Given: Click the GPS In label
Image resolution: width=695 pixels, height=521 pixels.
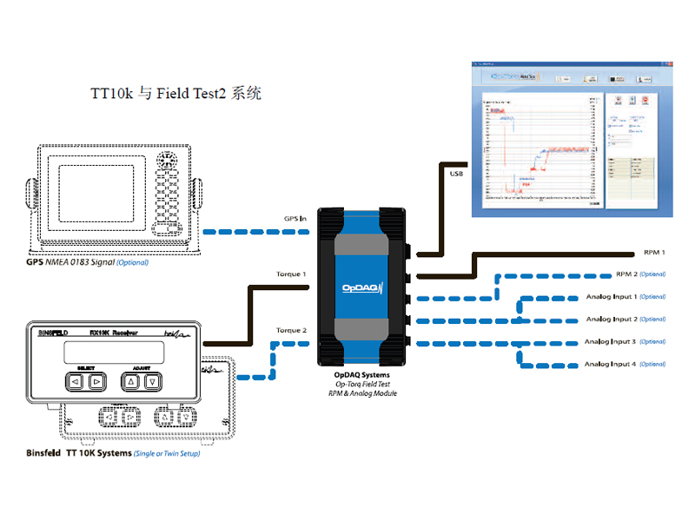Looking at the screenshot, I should click(x=296, y=219).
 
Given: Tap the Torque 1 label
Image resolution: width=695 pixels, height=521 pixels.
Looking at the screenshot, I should click(x=291, y=274).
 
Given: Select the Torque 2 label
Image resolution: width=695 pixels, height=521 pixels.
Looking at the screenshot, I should click(x=291, y=331).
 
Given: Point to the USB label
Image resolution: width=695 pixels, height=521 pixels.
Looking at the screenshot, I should click(x=457, y=175).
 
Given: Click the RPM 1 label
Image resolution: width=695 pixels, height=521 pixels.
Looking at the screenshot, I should click(x=654, y=253).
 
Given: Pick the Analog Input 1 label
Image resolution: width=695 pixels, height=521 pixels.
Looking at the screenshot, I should click(x=625, y=297).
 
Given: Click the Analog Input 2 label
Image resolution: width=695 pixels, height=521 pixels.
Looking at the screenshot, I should click(x=625, y=320).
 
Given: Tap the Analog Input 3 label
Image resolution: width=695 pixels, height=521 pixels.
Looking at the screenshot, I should click(x=625, y=342).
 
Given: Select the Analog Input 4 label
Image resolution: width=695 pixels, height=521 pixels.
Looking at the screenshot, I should click(x=625, y=364).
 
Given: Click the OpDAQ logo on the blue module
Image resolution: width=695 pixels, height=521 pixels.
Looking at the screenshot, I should click(x=361, y=288).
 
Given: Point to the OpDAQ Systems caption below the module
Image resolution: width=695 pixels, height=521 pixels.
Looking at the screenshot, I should click(x=362, y=376).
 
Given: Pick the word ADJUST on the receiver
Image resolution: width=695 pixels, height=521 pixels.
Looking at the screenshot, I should click(x=141, y=366).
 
